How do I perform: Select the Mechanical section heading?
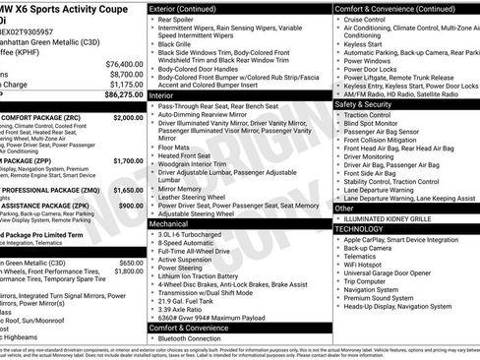click(x=171, y=223)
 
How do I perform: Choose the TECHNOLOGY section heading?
click(x=360, y=228)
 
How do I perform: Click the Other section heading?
click(x=344, y=208)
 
